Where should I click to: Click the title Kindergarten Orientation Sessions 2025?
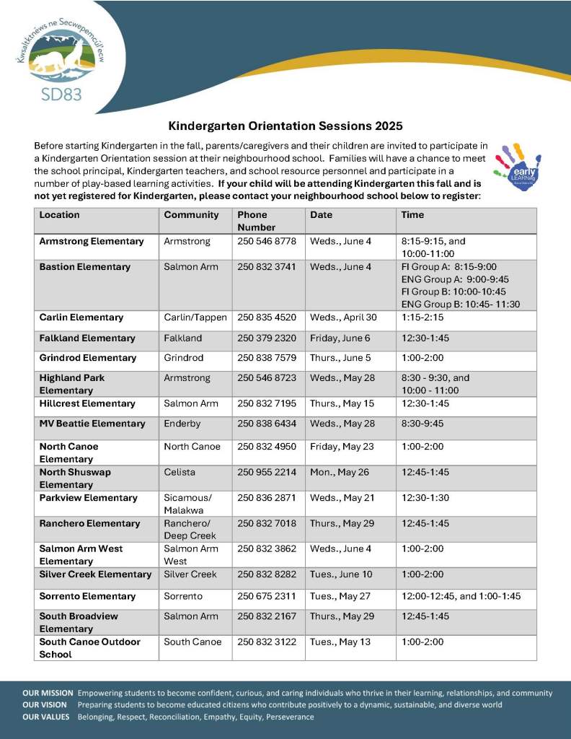285,125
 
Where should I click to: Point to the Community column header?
191,215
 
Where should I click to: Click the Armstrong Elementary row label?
92,241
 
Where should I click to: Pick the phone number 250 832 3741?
267,267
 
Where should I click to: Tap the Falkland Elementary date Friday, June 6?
339,338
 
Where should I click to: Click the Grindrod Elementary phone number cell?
267,358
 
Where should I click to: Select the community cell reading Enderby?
181,424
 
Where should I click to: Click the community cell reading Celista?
180,472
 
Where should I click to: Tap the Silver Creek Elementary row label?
95,574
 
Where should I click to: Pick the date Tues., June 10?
341,574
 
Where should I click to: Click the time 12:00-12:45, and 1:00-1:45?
461,596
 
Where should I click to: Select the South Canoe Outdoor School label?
89,648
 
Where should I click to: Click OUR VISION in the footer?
45,704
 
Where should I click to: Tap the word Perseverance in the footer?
289,717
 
